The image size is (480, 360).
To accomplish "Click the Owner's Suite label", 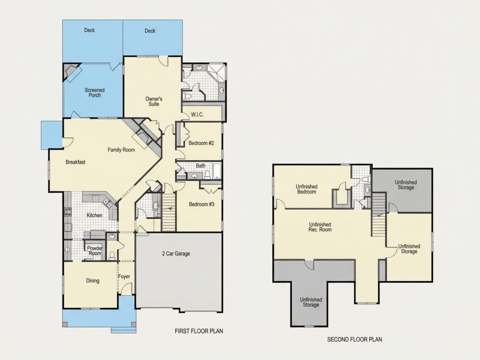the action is [154, 101].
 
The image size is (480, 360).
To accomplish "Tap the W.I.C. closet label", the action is [197, 115].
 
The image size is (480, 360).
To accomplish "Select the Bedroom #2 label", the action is [201, 143].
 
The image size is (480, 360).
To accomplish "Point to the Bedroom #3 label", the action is [202, 204].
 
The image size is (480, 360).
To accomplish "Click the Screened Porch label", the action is [95, 93].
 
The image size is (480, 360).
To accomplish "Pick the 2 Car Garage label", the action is [176, 254].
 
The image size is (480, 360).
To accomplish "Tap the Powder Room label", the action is [95, 251].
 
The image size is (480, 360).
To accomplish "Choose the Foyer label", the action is [124, 276].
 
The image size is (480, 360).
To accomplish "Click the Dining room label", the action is [93, 281].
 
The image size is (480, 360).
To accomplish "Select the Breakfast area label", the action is [75, 162].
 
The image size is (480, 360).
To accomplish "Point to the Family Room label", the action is [121, 150].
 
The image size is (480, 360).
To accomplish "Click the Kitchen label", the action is [94, 215].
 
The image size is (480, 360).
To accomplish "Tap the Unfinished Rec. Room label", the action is [320, 227].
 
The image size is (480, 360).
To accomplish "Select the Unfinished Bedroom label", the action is [306, 189].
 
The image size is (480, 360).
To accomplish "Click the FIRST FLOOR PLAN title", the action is [199, 331].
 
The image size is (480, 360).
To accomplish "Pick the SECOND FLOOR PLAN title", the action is [354, 339].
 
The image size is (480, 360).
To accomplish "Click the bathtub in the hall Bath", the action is [217, 171].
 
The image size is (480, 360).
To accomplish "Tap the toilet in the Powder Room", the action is [112, 255].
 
